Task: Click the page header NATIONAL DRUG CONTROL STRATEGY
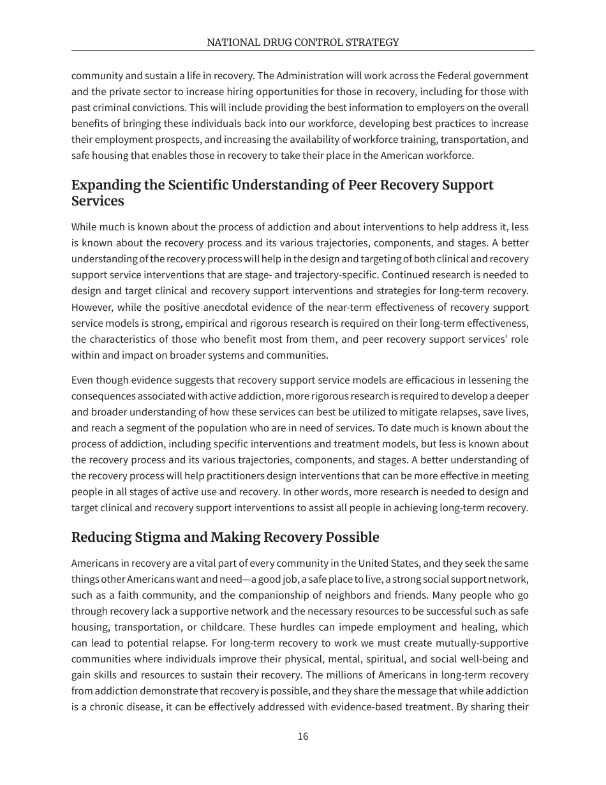(302, 43)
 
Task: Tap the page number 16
(302, 736)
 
